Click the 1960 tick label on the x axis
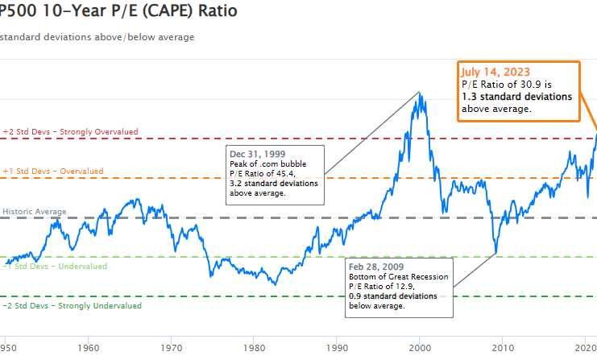pos(89,348)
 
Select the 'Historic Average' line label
pos(35,211)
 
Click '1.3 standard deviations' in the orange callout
pos(516,96)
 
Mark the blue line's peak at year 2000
pos(420,94)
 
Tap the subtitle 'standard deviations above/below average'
pos(97,36)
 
